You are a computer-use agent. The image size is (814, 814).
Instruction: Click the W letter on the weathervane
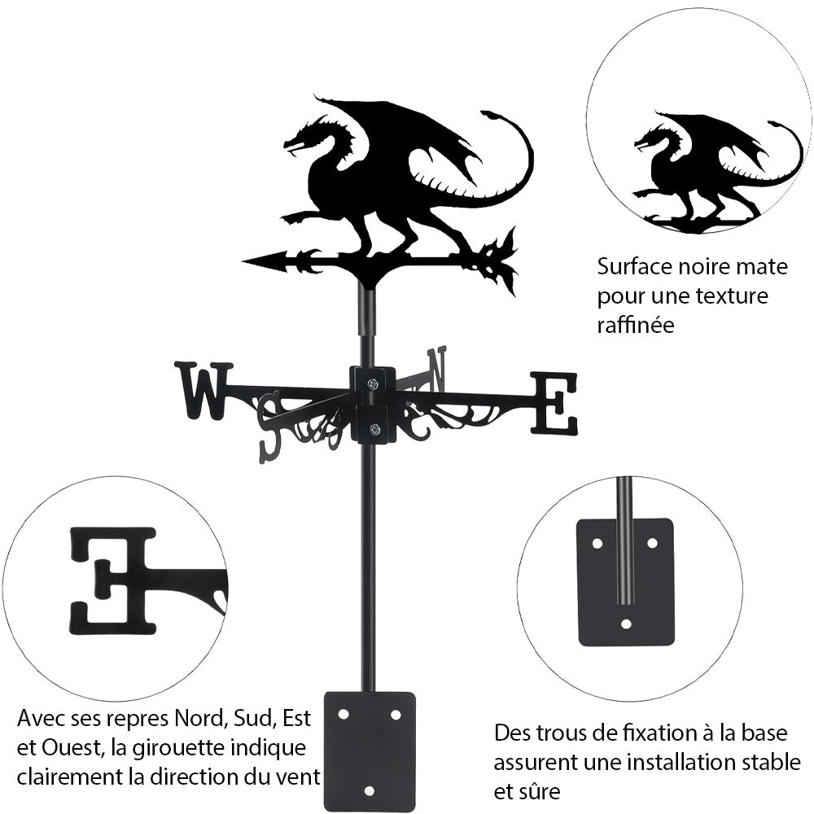[202, 391]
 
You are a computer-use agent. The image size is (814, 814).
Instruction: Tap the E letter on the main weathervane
[554, 403]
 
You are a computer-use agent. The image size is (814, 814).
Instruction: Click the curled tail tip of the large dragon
[490, 115]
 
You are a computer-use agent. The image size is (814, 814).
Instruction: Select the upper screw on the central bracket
[372, 384]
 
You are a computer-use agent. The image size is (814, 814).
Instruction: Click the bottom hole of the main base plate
[369, 790]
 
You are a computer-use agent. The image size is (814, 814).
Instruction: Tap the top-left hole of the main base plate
[344, 714]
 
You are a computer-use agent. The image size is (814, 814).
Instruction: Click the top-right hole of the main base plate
[396, 714]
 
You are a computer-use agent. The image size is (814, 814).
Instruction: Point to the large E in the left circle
[114, 580]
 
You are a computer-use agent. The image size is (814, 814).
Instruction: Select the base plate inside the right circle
[625, 582]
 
